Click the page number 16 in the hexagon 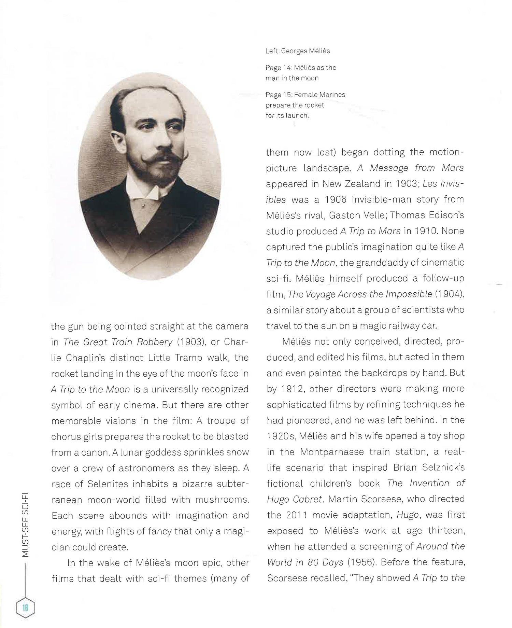25,608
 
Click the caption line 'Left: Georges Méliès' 298,51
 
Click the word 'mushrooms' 222,500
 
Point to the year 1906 335,199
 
